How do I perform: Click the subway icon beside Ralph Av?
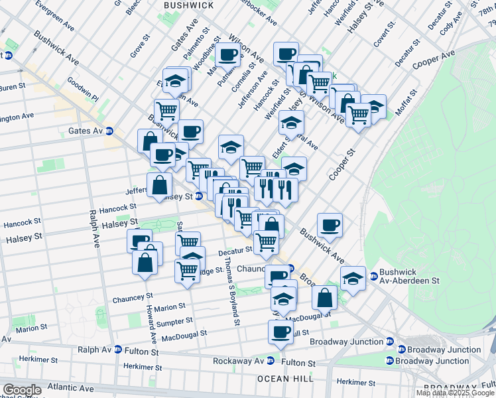point(117,350)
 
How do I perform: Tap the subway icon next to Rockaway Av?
point(271,362)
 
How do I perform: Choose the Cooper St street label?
point(343,163)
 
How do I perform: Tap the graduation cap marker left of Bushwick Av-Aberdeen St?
point(353,278)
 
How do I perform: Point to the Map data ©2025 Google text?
point(455,393)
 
